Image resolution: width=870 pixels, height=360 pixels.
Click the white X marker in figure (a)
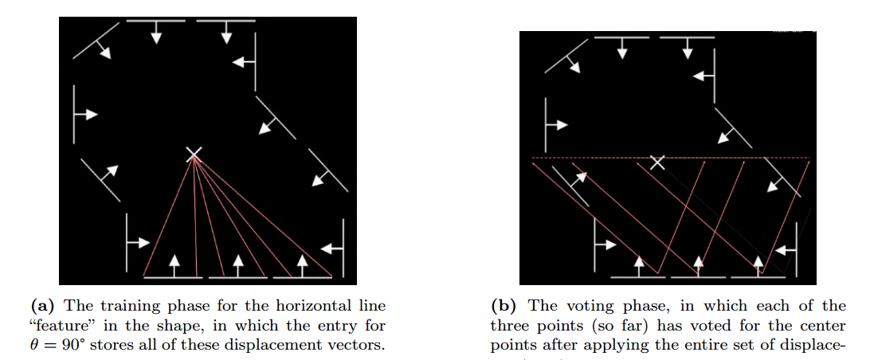[x=193, y=155]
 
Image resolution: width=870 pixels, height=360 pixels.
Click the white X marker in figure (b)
[x=656, y=162]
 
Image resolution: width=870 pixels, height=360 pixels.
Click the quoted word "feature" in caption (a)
[x=60, y=326]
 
